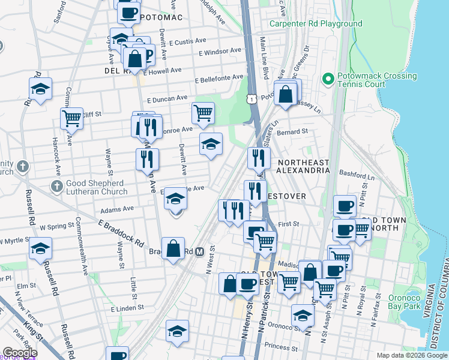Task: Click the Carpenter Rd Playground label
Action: (x=316, y=24)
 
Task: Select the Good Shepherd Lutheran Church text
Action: (x=96, y=187)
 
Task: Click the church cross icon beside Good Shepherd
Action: (x=56, y=186)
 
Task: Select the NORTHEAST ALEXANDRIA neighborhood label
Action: (x=303, y=166)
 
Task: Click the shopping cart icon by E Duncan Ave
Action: (x=203, y=112)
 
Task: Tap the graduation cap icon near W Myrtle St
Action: (x=41, y=248)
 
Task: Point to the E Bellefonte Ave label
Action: (x=219, y=77)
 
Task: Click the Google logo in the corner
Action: (x=20, y=353)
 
